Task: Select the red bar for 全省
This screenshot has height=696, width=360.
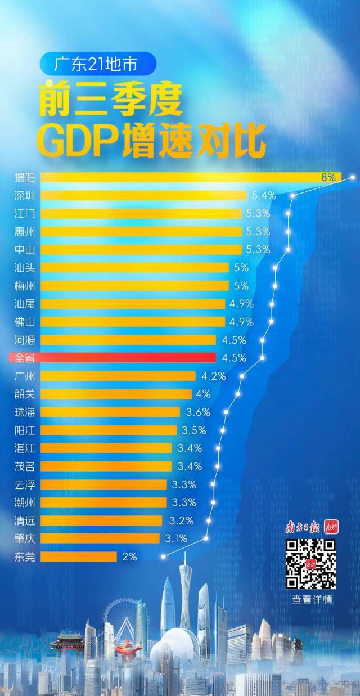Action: click(128, 358)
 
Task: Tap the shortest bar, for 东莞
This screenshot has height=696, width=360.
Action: click(79, 556)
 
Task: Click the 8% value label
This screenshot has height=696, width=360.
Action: click(328, 177)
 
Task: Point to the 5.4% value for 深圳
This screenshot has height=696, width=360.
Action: click(263, 196)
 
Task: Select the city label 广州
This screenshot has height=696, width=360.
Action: click(25, 376)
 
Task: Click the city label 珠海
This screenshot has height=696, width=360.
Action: click(25, 412)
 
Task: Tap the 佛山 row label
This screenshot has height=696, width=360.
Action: click(25, 322)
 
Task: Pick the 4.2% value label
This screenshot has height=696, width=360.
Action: click(214, 376)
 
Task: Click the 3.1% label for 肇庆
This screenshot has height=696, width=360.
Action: click(176, 538)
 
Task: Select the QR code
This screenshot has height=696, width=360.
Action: click(310, 564)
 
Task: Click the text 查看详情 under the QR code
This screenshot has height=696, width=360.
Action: click(312, 599)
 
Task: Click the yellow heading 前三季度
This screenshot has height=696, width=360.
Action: click(110, 100)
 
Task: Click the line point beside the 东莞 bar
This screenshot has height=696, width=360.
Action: click(163, 556)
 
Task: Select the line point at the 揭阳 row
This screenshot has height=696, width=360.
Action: click(353, 177)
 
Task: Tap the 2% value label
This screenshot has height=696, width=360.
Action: click(129, 556)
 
